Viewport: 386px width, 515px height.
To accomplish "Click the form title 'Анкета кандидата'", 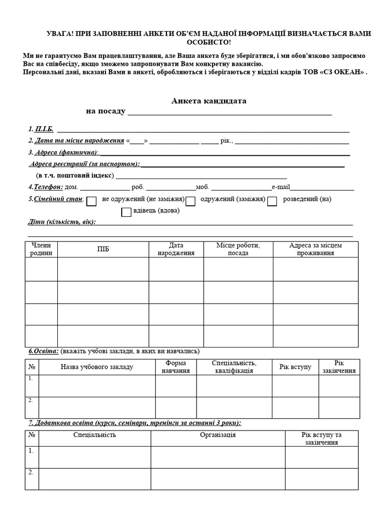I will (x=209, y=101).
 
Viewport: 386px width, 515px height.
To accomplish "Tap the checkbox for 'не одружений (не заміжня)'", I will (x=91, y=201).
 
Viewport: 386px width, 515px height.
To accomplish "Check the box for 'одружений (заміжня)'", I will (x=190, y=201).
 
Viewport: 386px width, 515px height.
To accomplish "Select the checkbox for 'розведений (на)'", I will (x=272, y=201).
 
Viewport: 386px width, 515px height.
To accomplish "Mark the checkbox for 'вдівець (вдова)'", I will (x=126, y=212).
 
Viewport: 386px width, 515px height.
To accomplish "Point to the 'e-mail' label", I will (x=281, y=187).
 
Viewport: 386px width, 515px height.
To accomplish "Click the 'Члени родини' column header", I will (x=41, y=249).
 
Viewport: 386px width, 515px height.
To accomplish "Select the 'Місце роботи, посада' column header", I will (x=238, y=249).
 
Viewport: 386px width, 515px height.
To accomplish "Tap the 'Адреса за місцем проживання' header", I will (x=315, y=249).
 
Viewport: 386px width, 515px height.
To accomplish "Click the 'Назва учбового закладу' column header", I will (x=97, y=367).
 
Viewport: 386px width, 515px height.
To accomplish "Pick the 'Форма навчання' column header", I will (x=175, y=367).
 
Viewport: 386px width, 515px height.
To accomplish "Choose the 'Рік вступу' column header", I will (x=295, y=367).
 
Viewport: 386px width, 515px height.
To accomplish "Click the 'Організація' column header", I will (x=218, y=435).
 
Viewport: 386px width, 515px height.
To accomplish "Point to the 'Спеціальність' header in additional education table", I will (x=94, y=435).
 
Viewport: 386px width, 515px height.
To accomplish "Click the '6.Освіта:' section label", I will (x=42, y=351).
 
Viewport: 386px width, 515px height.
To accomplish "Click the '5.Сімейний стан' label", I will (x=55, y=199).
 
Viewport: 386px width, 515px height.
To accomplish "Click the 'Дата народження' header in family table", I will (x=176, y=249).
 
